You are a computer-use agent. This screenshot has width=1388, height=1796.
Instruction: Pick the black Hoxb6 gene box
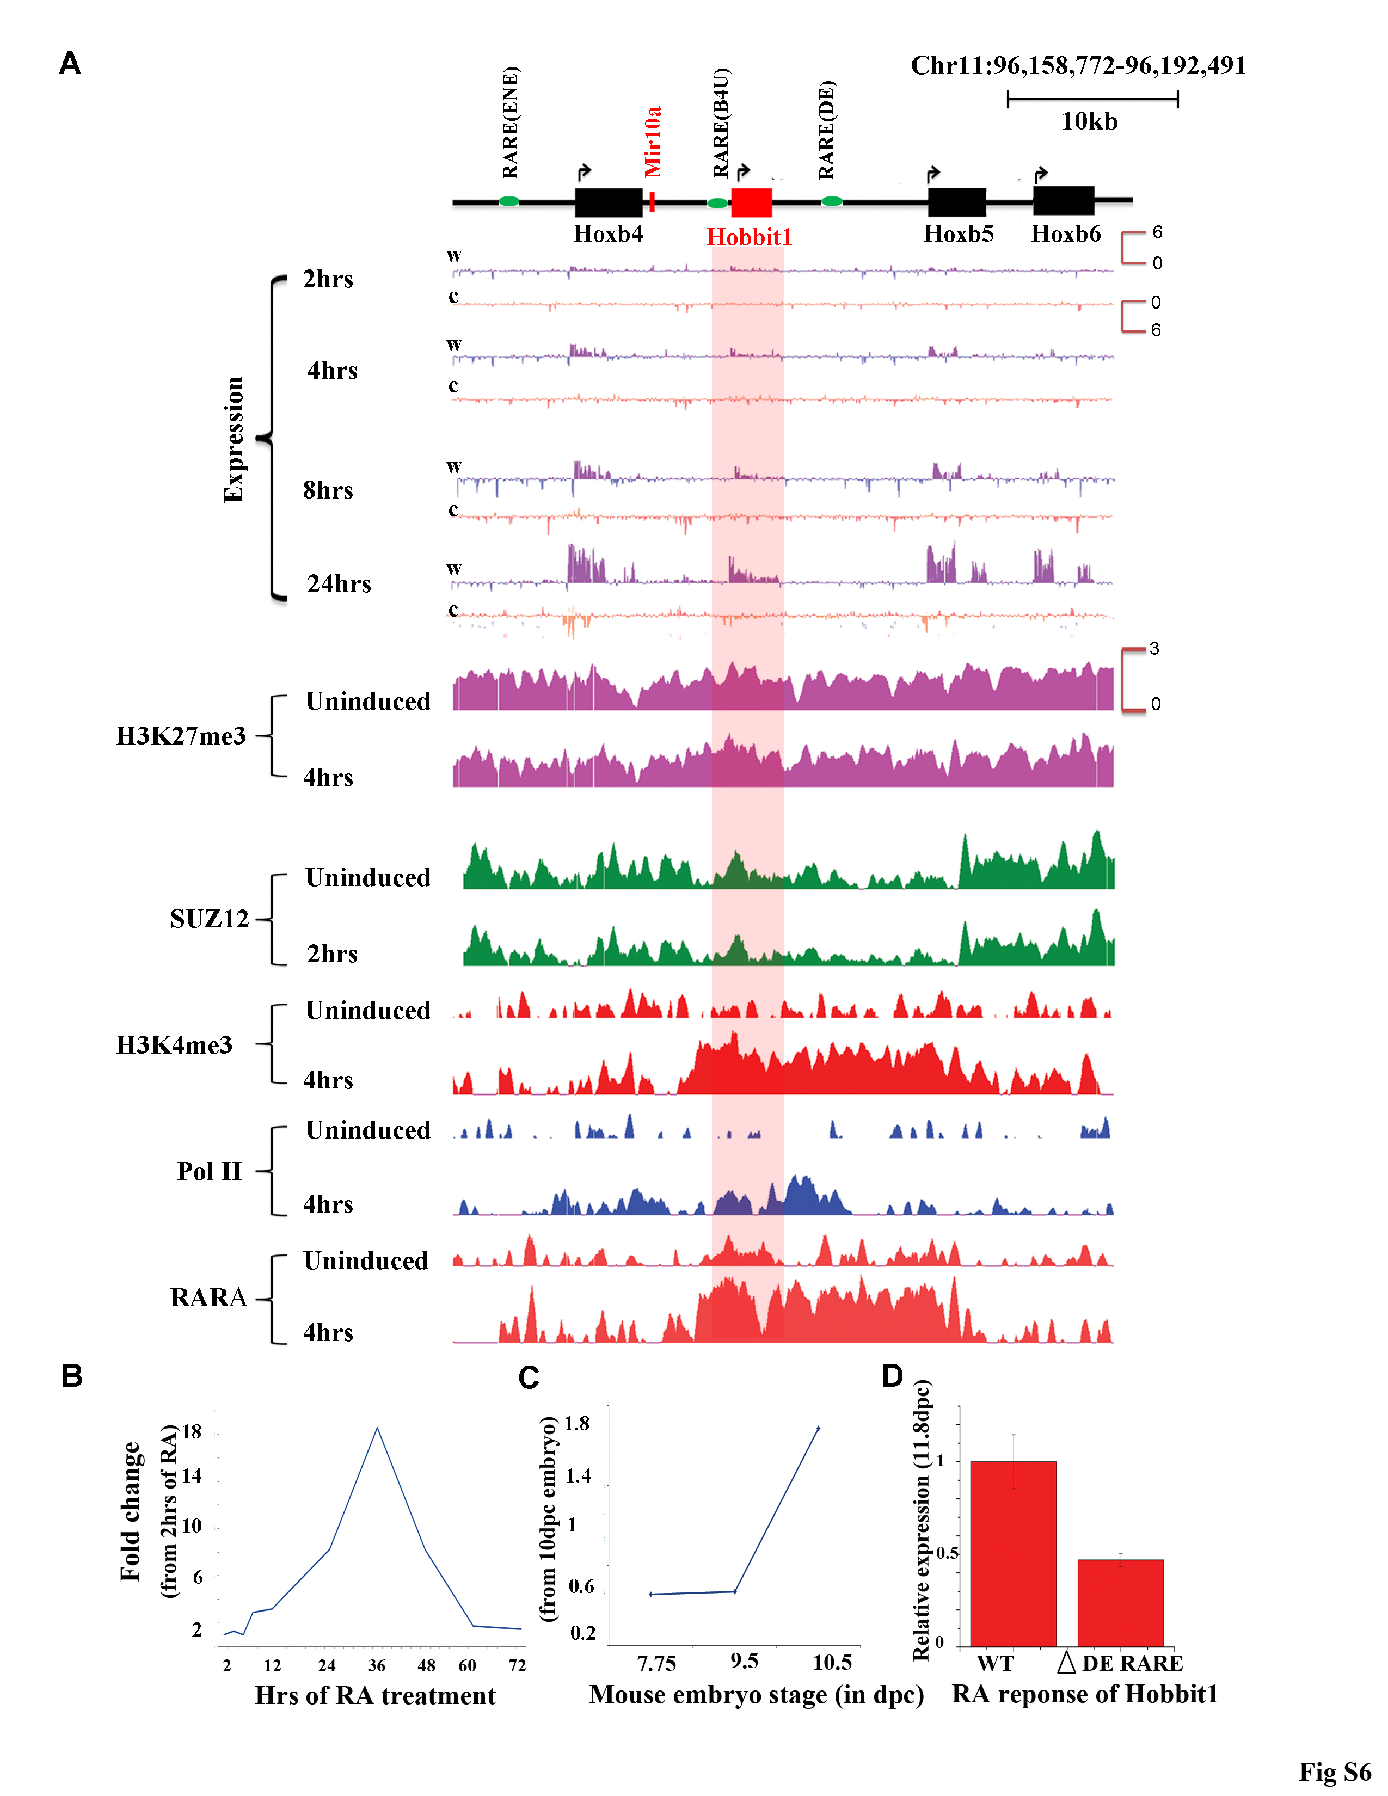[1063, 201]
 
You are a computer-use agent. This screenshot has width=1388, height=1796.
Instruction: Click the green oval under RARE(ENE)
[509, 201]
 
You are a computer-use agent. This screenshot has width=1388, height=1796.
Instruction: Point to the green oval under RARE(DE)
[832, 201]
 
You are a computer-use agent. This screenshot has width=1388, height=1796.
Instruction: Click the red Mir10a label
[653, 142]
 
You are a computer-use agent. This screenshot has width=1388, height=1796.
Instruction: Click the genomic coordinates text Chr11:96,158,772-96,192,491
[1078, 66]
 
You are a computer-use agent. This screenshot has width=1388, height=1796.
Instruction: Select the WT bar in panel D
[1013, 1554]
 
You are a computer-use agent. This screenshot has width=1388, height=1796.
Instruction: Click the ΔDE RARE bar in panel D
[1121, 1603]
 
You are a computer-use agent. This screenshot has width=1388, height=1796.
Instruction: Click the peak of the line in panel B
[377, 1429]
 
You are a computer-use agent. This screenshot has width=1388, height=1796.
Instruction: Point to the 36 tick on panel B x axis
[377, 1665]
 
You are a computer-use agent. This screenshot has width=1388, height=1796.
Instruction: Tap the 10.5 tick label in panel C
[832, 1662]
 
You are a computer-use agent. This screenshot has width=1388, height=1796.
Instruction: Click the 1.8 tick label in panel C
[577, 1424]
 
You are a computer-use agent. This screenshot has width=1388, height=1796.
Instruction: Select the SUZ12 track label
[209, 919]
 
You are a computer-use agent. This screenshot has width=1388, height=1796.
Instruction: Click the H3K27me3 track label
[181, 736]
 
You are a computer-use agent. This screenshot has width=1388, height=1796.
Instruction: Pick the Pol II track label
[209, 1171]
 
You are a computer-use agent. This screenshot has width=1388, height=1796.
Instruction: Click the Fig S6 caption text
[1335, 1772]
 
